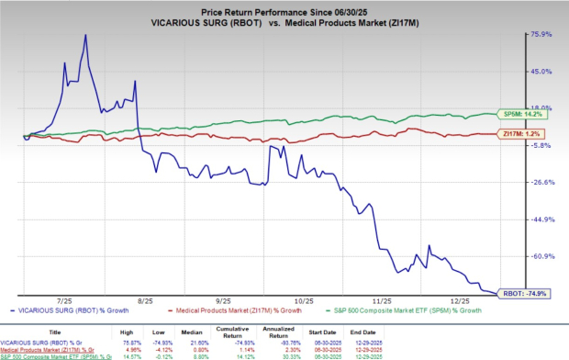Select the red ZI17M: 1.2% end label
[x=522, y=134]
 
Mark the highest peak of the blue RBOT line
[x=86, y=35]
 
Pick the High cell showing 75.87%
[x=132, y=341]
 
